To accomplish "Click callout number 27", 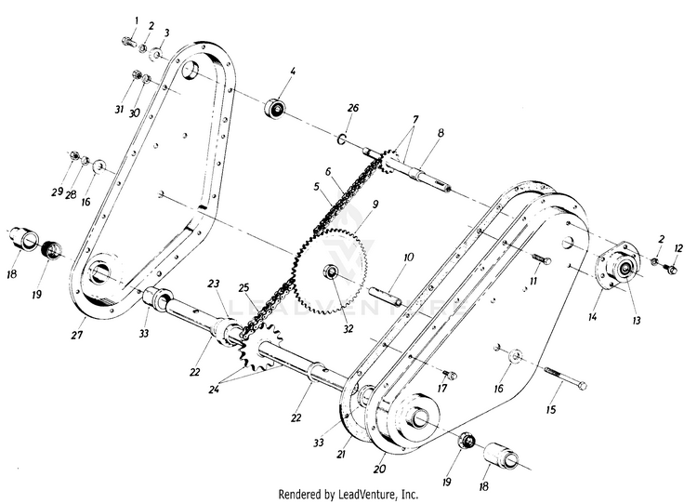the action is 77,335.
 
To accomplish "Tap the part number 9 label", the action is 375,205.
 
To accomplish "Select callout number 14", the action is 592,317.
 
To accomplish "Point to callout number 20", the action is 379,469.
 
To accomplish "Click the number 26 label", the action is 353,108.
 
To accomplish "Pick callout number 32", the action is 348,328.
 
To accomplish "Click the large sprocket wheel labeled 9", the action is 331,271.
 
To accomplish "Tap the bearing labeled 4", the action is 277,109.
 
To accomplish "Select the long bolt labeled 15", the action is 565,379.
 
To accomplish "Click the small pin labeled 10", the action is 386,297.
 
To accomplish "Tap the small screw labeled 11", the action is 541,258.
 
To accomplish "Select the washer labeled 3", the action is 155,55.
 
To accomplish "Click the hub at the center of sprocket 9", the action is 332,271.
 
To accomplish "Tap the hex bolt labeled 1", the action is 129,42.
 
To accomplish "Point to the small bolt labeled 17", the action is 451,375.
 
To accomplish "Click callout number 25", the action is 243,288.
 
